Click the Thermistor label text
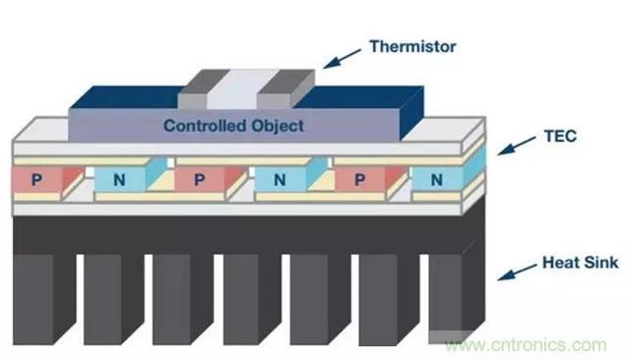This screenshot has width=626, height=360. (412, 46)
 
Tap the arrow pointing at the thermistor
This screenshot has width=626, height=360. (342, 59)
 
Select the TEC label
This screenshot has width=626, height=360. (560, 136)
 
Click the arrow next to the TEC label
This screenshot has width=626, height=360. (516, 146)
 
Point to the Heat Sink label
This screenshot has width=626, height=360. (580, 263)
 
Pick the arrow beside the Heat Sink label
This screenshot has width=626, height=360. (517, 271)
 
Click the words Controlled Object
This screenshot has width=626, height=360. (233, 126)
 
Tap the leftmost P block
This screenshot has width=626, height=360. (47, 179)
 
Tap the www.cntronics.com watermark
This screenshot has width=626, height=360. (527, 345)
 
